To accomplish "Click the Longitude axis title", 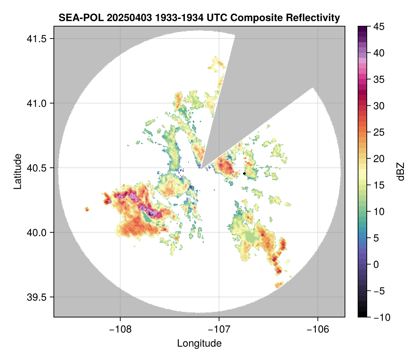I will point(199,343).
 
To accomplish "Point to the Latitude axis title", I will point(17,171).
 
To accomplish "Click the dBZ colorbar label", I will point(401,172).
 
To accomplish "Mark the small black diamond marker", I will point(245,173).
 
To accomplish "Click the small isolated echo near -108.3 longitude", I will point(87,209).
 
